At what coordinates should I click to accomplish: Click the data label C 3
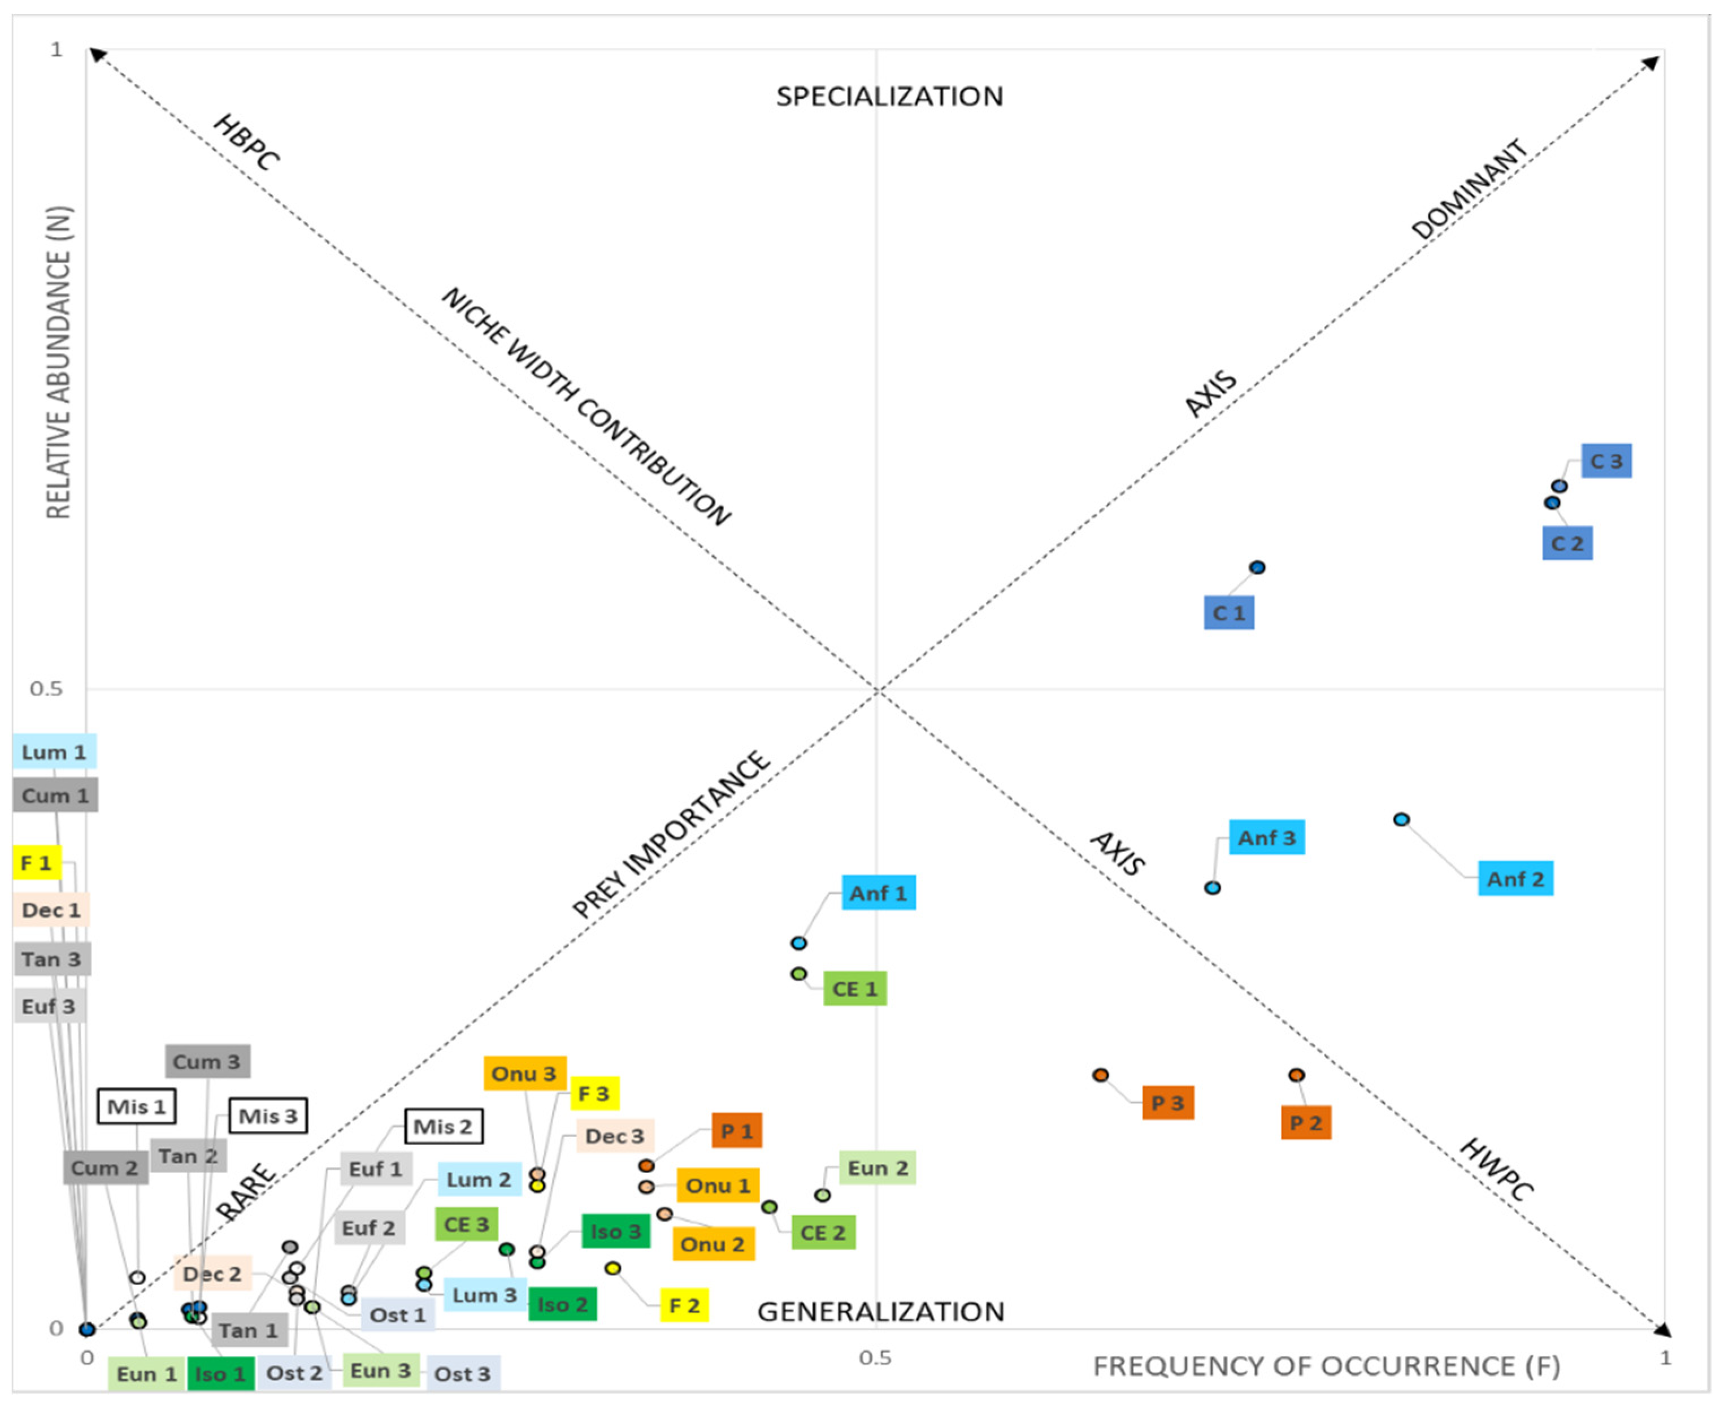pos(1606,461)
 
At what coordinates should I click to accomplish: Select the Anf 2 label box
pos(1514,879)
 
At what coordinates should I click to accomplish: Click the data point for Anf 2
pos(1401,819)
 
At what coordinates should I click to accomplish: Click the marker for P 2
pos(1296,1075)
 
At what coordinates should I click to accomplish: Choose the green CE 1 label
pos(854,989)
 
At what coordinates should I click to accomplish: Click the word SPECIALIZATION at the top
pos(889,97)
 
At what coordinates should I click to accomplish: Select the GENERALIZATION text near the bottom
pos(880,1311)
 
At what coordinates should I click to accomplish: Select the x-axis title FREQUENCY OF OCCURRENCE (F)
pos(1326,1366)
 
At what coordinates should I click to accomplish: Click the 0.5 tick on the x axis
pos(875,1357)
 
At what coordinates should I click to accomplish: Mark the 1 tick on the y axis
pos(56,50)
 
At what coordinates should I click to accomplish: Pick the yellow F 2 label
pos(684,1305)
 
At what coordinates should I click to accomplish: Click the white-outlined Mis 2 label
pos(443,1127)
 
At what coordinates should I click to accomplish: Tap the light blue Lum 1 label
pos(54,752)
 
